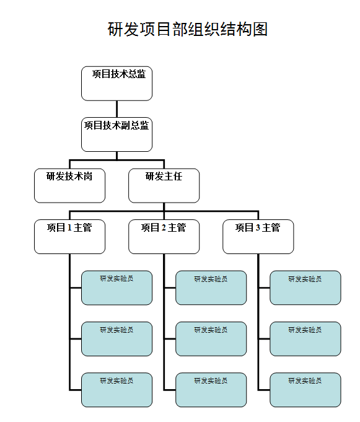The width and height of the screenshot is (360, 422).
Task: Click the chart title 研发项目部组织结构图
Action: tap(188, 29)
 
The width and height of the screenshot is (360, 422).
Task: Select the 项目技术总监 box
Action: tap(116, 83)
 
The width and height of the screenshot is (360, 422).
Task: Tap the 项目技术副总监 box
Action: tap(116, 134)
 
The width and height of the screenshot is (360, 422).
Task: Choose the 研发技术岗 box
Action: tap(69, 185)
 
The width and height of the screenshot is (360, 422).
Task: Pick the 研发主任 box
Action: tap(164, 185)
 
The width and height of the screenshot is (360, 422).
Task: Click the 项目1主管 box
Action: tap(69, 236)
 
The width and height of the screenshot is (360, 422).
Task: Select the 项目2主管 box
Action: tap(164, 236)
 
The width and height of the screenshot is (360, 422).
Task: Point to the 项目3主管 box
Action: tap(258, 236)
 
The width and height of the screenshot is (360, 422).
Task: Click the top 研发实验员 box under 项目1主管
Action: tap(116, 288)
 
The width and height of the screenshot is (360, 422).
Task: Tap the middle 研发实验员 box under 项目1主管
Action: tap(116, 338)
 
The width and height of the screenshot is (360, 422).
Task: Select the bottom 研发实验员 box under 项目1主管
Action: tap(116, 390)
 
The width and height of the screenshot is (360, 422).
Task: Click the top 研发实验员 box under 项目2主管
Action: tap(211, 288)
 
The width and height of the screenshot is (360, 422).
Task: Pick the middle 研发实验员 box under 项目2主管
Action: tap(211, 338)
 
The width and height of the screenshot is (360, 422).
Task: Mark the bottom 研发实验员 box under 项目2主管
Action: tap(211, 390)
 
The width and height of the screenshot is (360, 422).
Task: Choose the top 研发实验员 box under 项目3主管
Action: tap(305, 288)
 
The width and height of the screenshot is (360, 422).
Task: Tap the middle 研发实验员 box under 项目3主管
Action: tap(305, 338)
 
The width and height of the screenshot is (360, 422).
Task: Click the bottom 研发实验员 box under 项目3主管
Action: tap(305, 390)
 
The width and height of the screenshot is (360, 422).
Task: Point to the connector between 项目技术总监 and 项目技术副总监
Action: tap(116, 108)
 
